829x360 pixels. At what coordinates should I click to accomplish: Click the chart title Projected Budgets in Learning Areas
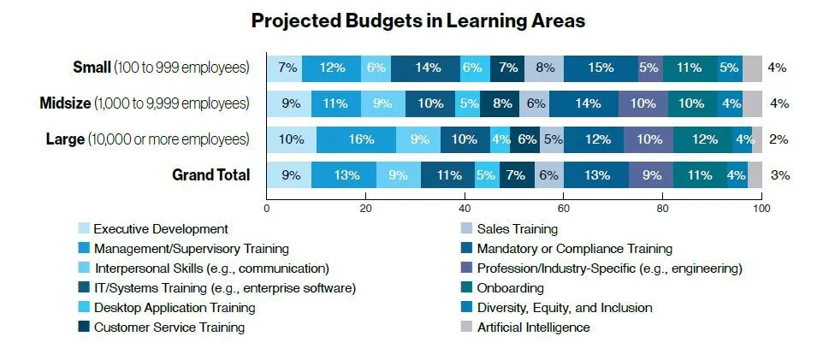[417, 21]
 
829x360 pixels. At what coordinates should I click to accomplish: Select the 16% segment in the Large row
[356, 139]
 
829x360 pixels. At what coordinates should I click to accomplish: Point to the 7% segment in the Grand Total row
[514, 175]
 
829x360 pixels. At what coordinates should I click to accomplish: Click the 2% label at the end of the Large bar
[779, 139]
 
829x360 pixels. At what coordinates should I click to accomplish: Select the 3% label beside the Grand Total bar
[779, 175]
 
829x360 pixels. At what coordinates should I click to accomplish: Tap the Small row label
[162, 68]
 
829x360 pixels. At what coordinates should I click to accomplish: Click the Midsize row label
[145, 103]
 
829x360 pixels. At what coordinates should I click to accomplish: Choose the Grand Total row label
[211, 175]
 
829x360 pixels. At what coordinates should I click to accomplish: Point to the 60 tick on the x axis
[564, 208]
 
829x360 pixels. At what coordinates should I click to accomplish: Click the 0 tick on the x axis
[267, 208]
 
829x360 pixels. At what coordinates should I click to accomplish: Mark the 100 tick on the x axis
[761, 208]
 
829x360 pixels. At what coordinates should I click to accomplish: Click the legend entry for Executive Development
[160, 229]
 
